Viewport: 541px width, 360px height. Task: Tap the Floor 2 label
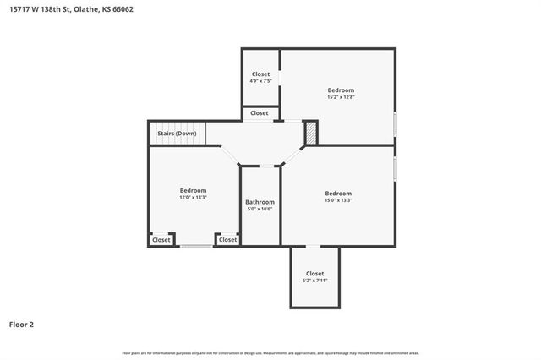coord(21,324)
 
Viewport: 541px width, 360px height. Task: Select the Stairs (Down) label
coord(177,134)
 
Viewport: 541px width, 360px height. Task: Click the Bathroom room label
coord(260,202)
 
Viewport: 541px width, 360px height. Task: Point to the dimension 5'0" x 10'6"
coord(260,209)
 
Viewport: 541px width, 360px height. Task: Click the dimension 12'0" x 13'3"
coord(193,197)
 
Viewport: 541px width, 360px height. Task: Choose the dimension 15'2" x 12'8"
coord(341,97)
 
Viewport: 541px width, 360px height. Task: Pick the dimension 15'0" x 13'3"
coord(338,200)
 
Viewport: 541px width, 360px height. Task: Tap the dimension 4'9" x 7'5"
coord(260,81)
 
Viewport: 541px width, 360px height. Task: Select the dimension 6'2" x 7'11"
coord(314,281)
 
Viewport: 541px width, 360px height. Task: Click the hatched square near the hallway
coord(310,133)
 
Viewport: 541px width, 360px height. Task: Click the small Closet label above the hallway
coord(260,112)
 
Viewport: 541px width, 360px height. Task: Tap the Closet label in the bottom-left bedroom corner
coord(161,240)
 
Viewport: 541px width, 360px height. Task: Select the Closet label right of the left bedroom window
coord(227,240)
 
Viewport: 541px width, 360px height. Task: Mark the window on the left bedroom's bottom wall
coord(194,246)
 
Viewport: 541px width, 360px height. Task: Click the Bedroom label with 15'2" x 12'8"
coord(341,90)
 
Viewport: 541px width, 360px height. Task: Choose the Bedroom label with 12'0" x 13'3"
coord(193,190)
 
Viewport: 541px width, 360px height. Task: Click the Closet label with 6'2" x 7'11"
coord(314,274)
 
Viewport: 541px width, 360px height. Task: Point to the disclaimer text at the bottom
coord(270,352)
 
